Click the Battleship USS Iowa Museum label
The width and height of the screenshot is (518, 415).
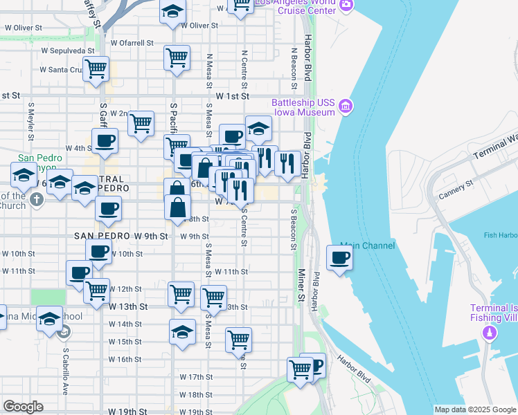(x=303, y=107)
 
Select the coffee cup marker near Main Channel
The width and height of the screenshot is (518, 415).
(x=339, y=259)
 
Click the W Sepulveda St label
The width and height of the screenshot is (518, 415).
(x=67, y=50)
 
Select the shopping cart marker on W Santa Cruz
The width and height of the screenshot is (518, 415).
(x=96, y=68)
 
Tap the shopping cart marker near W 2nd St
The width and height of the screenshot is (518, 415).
(x=141, y=123)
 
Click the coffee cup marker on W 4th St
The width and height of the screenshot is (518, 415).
(x=105, y=141)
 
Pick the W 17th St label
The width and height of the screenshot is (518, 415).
(x=195, y=377)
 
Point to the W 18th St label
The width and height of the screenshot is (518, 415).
(x=195, y=395)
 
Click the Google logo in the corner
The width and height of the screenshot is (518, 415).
(x=23, y=407)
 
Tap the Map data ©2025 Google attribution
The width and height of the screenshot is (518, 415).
(x=474, y=409)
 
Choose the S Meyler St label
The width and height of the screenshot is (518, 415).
(x=31, y=118)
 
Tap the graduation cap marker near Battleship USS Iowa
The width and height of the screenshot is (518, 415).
(x=258, y=129)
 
